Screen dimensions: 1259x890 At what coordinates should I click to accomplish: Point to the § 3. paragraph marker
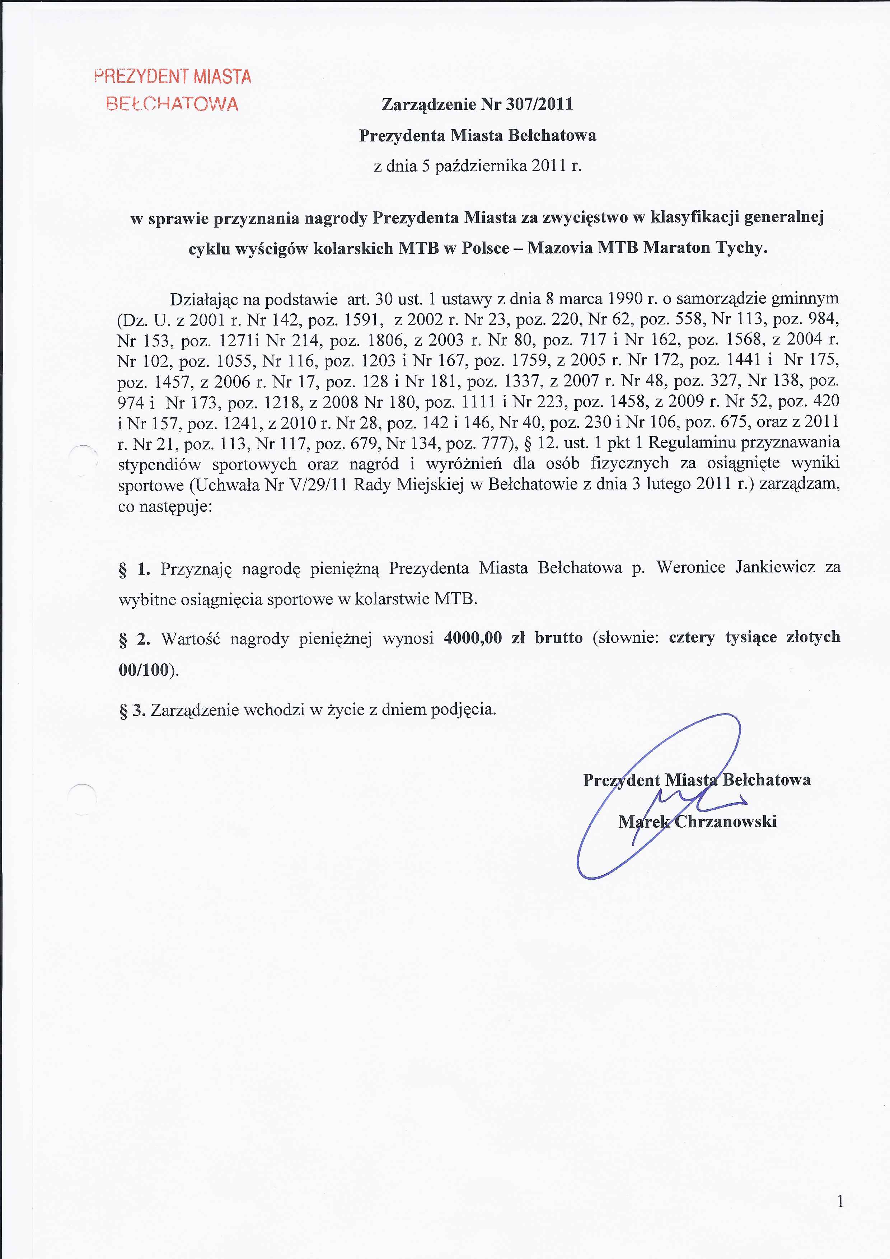click(x=132, y=711)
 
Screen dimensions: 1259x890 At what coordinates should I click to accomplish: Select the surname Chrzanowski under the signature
click(x=725, y=822)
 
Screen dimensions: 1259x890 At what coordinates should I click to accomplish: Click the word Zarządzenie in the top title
click(x=428, y=104)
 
